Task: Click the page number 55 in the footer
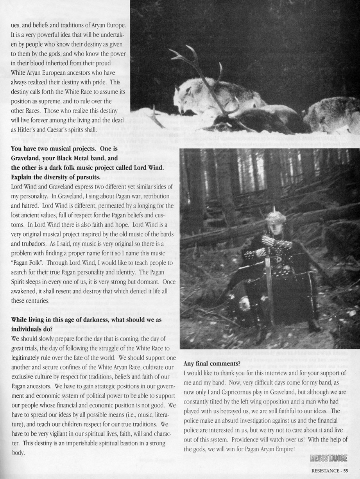pos(345,471)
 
